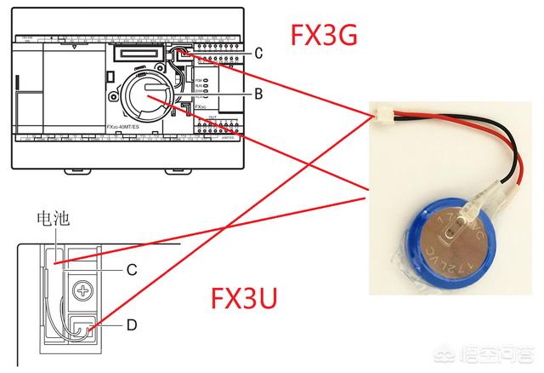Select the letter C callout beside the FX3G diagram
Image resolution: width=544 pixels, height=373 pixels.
click(258, 53)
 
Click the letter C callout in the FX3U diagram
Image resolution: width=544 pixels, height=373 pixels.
click(132, 269)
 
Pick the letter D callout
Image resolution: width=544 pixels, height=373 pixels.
click(132, 324)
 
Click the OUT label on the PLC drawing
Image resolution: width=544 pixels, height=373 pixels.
click(212, 118)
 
